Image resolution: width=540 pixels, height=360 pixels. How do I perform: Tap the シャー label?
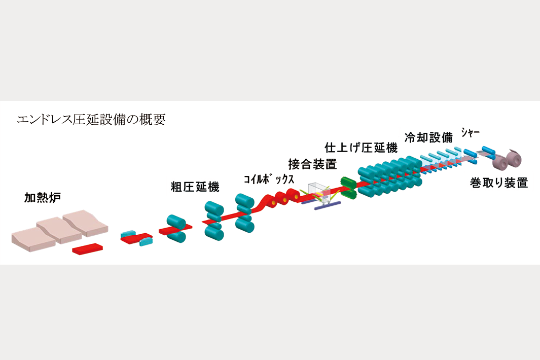(471, 133)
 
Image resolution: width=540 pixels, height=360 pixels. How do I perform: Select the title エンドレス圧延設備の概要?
(91, 120)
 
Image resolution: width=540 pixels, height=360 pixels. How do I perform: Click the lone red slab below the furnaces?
(88, 249)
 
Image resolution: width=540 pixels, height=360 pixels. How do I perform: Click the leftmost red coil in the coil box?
(274, 202)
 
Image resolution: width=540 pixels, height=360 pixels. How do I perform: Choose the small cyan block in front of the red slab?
(146, 242)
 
